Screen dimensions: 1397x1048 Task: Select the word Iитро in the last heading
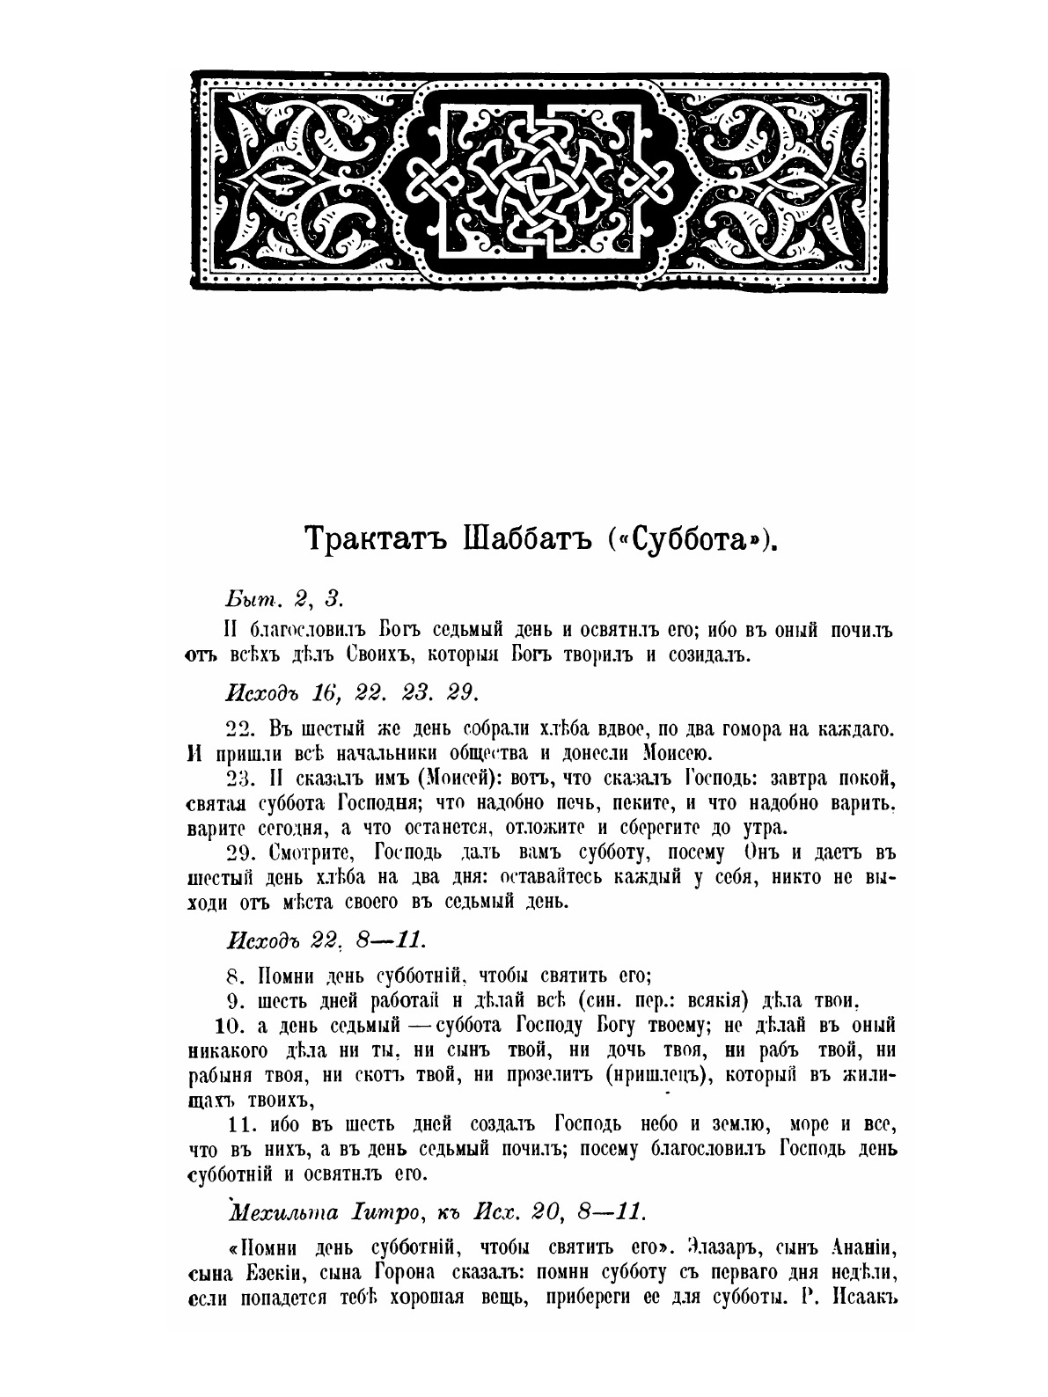pyautogui.click(x=380, y=1211)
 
